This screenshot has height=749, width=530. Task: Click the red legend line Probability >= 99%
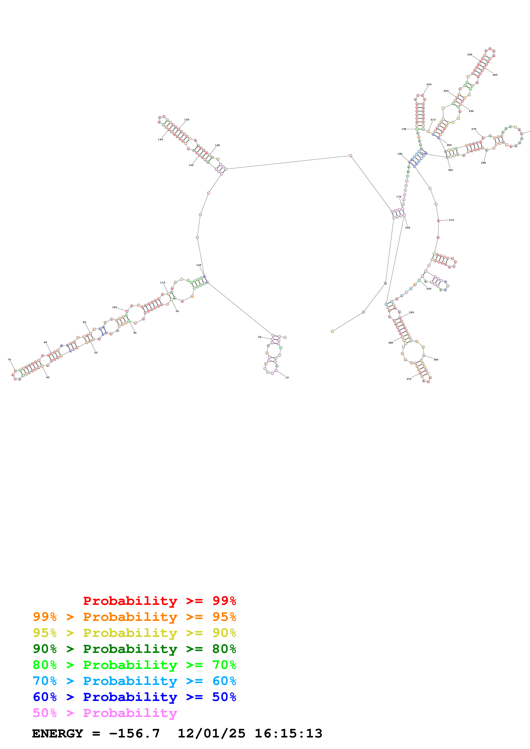(x=159, y=601)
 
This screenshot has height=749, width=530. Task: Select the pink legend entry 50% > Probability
(x=105, y=713)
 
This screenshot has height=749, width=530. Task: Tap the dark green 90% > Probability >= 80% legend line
(x=134, y=649)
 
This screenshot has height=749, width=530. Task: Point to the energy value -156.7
(x=134, y=734)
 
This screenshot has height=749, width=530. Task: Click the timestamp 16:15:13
(x=288, y=734)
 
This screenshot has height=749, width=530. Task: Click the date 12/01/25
(x=211, y=734)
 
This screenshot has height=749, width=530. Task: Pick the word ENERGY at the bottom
(x=58, y=734)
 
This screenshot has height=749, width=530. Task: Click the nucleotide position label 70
(x=9, y=360)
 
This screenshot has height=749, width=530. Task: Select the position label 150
(x=187, y=120)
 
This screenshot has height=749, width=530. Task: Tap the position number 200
(x=429, y=85)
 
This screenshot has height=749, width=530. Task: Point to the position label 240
(x=495, y=75)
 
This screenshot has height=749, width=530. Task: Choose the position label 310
(x=451, y=220)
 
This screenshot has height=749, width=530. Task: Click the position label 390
(x=407, y=228)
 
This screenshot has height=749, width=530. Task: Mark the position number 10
(x=287, y=377)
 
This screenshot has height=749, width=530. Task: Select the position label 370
(x=409, y=379)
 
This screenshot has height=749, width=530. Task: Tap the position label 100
(x=114, y=307)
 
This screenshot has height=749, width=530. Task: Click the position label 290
(x=483, y=163)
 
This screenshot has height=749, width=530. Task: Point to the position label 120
(x=199, y=265)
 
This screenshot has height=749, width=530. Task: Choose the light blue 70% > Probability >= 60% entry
(x=134, y=681)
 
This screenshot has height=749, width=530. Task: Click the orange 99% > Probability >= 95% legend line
(x=134, y=617)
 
